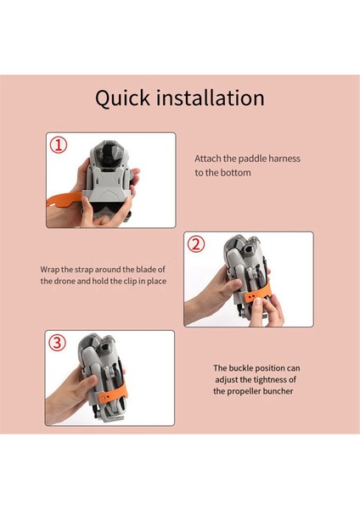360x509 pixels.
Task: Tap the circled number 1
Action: tap(58, 145)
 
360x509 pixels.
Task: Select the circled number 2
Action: tap(196, 244)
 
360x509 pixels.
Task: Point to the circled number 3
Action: tap(58, 344)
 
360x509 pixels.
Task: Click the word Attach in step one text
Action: tap(209, 159)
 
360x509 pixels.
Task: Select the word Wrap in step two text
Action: tap(51, 270)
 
